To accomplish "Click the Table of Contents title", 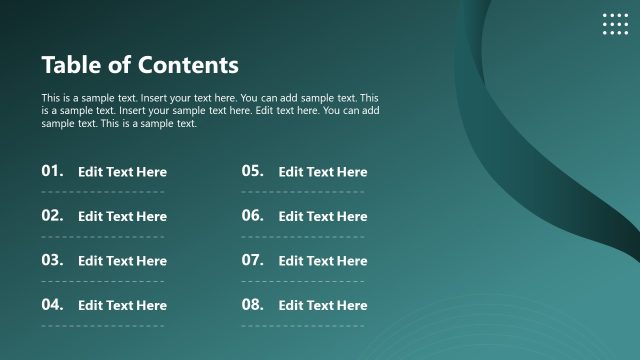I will point(140,65).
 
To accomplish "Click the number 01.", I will point(53,171).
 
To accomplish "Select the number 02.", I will point(53,215).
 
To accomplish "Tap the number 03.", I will point(53,260).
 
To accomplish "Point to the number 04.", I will point(53,304).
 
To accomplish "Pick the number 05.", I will point(252,171).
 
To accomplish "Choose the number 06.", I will point(252,215).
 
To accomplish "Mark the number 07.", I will point(252,260).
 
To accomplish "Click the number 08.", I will point(252,304).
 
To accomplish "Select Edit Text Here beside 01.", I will point(122,172).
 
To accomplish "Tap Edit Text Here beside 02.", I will point(122,216).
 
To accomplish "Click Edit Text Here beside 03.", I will point(122,261).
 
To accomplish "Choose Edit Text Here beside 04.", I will point(122,305).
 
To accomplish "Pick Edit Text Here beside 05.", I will point(322,172).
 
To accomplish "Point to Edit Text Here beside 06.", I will point(322,216).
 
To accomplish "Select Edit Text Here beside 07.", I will point(322,261).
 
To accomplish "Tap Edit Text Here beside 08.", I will point(322,305).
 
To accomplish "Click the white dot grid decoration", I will point(616,24).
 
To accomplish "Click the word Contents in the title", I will point(188,65).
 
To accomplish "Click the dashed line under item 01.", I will point(103,192).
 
